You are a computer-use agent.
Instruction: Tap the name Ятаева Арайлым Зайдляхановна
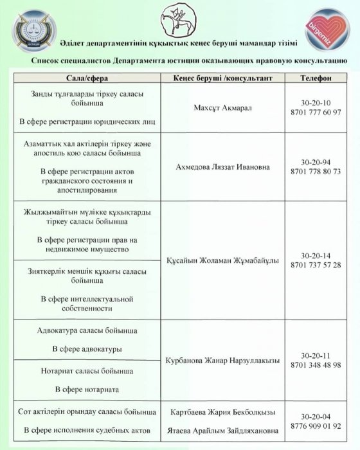[219, 429]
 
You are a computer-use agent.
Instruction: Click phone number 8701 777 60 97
[316, 113]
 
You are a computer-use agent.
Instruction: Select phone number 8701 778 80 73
[316, 172]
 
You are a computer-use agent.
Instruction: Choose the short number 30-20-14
[316, 255]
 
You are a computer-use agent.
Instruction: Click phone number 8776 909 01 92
[316, 426]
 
